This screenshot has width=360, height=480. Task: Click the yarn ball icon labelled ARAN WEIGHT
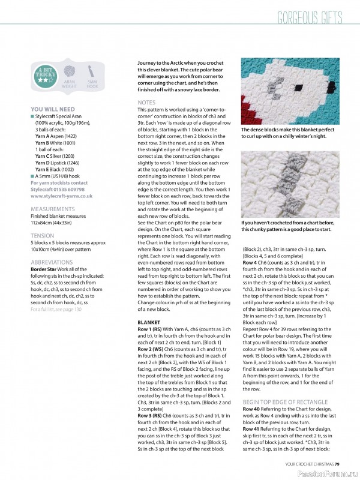point(69,72)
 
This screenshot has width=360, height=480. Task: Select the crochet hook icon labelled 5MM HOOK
point(92,72)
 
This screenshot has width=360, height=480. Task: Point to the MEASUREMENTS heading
point(52,209)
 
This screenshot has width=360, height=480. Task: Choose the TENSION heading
point(42,236)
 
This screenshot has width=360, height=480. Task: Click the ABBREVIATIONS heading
point(51,262)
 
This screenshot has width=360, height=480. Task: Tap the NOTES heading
point(146,103)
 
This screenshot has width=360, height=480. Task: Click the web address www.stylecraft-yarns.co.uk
point(61,196)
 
